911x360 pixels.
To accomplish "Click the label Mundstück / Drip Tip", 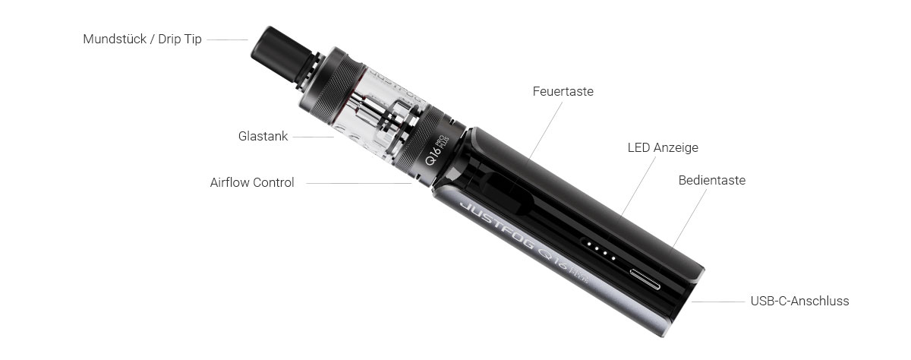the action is [143, 39].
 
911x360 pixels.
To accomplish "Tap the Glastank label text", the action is [263, 136].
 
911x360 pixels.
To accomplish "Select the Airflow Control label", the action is [252, 182].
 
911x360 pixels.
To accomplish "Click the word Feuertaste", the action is [563, 92].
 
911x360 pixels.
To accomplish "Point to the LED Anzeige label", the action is [663, 147].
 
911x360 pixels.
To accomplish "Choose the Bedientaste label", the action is [712, 180].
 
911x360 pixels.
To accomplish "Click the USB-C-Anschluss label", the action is [799, 301].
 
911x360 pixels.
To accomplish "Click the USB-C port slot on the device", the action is [645, 279].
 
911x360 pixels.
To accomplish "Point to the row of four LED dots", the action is [601, 250].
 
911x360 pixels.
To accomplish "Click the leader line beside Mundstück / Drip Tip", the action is [227, 39].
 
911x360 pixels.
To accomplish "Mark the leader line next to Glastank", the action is [313, 137].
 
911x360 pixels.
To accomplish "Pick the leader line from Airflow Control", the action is [358, 184].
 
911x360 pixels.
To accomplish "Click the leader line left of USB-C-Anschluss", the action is [718, 302].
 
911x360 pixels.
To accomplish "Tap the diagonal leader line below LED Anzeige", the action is [638, 186].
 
